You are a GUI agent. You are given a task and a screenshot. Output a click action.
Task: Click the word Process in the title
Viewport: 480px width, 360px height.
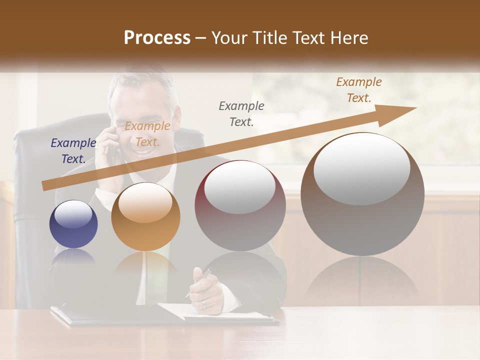tap(157, 38)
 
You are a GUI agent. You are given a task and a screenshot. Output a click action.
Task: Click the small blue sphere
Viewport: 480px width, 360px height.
tap(73, 224)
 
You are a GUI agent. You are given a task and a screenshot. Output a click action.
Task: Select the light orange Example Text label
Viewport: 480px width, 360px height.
tap(147, 134)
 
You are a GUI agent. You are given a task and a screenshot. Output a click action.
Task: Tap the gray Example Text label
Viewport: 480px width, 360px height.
tap(241, 113)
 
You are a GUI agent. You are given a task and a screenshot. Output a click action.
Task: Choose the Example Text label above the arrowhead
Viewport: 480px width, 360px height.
tap(358, 90)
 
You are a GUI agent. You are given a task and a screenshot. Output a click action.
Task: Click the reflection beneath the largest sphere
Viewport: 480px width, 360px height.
tap(362, 280)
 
